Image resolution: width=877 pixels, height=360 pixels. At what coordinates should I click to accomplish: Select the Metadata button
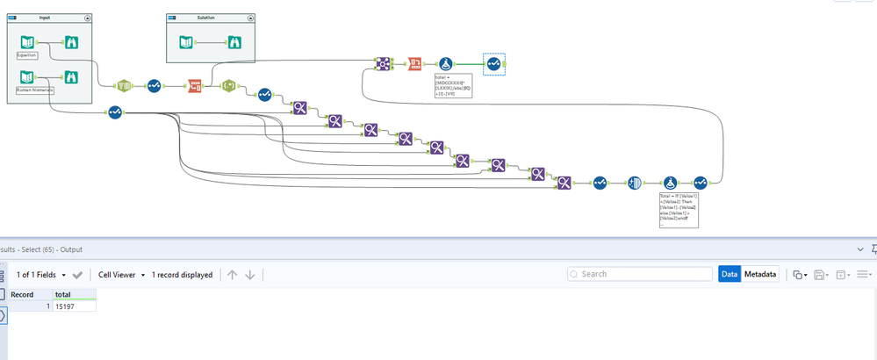click(761, 274)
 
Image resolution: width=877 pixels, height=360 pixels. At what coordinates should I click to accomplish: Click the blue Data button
click(730, 274)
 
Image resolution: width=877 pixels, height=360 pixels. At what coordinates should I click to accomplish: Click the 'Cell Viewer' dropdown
click(121, 275)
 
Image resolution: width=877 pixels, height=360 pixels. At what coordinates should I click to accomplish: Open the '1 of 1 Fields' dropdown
click(44, 275)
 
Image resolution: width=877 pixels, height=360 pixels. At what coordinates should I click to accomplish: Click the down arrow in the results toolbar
click(250, 275)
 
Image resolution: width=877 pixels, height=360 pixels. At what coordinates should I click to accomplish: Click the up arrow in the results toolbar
click(232, 275)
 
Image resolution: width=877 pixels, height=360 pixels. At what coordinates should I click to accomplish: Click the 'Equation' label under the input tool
click(26, 55)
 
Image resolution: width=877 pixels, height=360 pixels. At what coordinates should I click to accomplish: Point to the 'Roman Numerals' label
click(34, 90)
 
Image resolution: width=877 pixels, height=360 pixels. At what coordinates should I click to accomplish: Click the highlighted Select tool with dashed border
click(493, 63)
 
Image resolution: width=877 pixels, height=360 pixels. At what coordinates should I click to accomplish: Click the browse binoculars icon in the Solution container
click(234, 41)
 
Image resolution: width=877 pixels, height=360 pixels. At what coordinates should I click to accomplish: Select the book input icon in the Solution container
click(185, 41)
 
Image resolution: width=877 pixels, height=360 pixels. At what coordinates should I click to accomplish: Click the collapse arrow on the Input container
click(87, 18)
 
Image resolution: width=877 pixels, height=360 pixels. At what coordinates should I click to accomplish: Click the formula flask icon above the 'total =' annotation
click(446, 63)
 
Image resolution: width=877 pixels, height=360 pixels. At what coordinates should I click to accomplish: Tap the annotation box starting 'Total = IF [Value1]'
click(678, 210)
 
